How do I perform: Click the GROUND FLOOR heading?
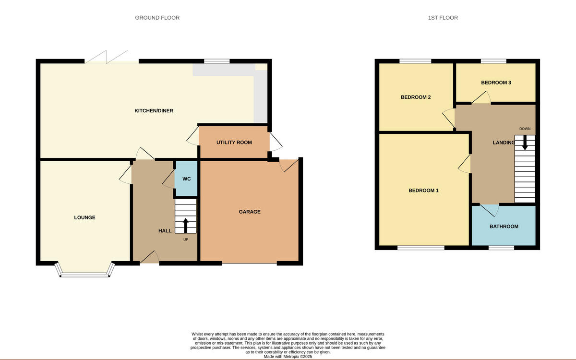(157, 18)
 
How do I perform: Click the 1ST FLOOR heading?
(443, 18)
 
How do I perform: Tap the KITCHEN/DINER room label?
(154, 111)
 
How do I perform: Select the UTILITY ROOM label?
(234, 143)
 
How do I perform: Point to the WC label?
(187, 179)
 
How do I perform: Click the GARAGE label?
(250, 212)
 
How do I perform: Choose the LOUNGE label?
(84, 217)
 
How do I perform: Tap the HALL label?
(165, 231)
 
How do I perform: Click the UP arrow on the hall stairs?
(186, 225)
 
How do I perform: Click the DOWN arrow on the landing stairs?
(525, 143)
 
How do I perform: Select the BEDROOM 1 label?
(423, 191)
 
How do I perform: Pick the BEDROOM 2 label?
(415, 97)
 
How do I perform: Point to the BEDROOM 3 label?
(496, 83)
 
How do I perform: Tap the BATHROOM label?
(504, 226)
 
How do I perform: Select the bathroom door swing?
(490, 209)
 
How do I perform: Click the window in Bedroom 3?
(493, 61)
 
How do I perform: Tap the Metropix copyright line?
(288, 357)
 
